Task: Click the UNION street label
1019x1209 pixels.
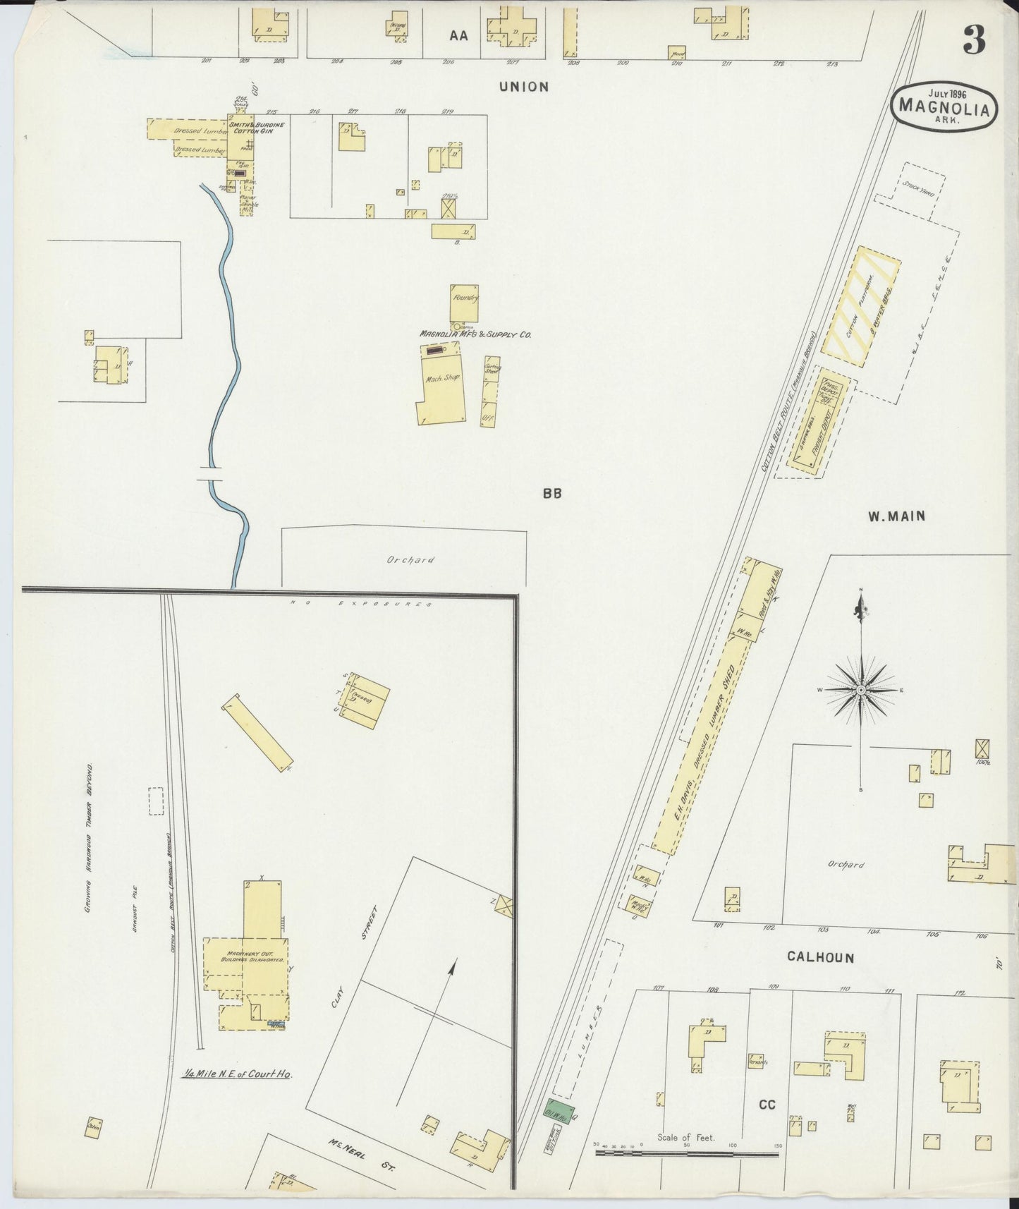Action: point(523,87)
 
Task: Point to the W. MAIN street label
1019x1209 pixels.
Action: point(896,516)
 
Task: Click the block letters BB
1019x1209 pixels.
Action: point(551,494)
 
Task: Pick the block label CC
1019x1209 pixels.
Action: point(767,1105)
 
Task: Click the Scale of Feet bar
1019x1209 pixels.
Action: point(686,1154)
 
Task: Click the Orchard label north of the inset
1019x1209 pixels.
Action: point(410,560)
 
